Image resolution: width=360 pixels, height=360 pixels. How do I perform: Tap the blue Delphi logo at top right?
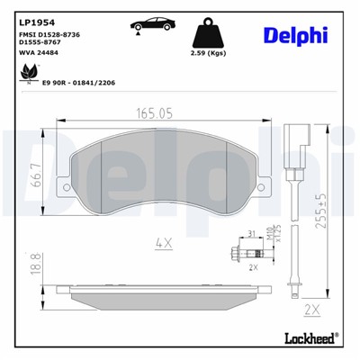[295, 35]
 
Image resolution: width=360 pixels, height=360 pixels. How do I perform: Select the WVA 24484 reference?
[40, 52]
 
